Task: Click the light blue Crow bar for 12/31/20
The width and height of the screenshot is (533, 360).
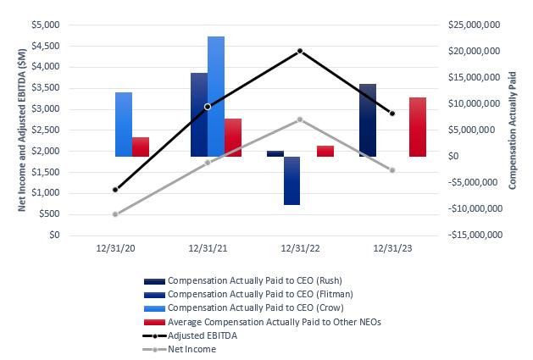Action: click(x=124, y=125)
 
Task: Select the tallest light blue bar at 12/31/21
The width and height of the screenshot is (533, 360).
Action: click(x=216, y=97)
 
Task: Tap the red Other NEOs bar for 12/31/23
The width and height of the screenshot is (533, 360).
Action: click(x=417, y=127)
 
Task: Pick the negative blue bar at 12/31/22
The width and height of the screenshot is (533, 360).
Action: click(x=291, y=180)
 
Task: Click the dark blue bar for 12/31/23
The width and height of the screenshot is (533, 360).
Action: click(x=367, y=120)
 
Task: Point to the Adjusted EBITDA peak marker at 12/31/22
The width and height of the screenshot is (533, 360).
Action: click(x=300, y=51)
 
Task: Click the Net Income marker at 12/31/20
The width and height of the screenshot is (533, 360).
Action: click(x=115, y=213)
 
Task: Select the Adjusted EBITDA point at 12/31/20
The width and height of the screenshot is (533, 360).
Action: click(x=115, y=189)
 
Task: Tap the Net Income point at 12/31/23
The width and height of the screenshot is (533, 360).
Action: click(x=392, y=170)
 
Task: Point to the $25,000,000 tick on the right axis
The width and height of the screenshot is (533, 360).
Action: click(x=470, y=25)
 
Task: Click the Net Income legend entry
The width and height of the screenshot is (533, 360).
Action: click(x=192, y=348)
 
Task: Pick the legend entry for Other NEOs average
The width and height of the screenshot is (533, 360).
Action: click(x=258, y=321)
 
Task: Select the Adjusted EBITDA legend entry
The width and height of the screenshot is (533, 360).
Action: click(x=202, y=335)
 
